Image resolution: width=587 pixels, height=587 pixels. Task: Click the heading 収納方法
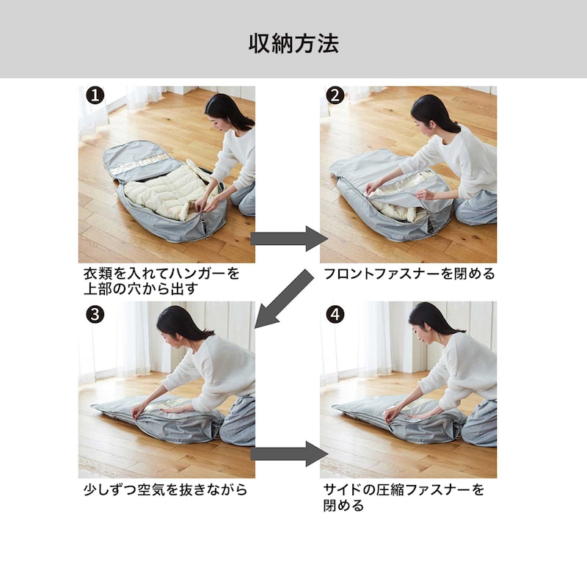coord(293,43)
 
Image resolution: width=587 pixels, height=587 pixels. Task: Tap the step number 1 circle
coord(95,95)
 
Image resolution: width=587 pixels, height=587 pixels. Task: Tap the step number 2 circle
coord(335,95)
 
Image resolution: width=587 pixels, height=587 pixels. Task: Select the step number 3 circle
coord(95,314)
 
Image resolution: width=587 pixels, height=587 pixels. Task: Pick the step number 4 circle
coord(335,314)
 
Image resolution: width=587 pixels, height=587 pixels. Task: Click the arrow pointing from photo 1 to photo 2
coord(289,238)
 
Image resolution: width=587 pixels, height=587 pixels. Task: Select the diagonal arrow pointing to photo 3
coord(285,299)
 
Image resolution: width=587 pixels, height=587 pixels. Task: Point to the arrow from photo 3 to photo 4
coord(289,453)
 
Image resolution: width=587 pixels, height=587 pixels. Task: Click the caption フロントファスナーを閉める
coord(409,274)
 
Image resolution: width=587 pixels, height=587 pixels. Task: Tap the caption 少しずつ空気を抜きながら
coord(165,489)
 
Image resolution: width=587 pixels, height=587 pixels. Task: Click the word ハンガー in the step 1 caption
coord(190,274)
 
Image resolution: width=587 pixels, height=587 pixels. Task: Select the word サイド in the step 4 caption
coord(343,489)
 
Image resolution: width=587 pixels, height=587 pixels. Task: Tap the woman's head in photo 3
coord(176,323)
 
